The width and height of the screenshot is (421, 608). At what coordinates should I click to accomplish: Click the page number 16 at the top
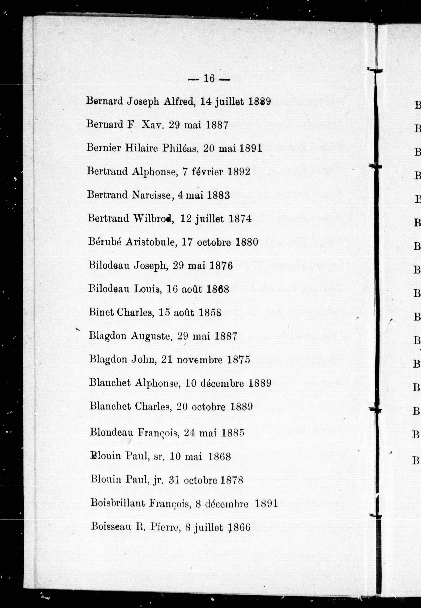click(209, 79)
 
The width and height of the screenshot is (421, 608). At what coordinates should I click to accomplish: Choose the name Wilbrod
click(153, 218)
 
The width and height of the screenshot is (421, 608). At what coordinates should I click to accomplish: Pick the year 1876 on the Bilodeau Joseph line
click(221, 265)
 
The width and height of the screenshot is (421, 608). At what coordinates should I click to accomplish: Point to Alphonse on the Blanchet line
click(157, 383)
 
